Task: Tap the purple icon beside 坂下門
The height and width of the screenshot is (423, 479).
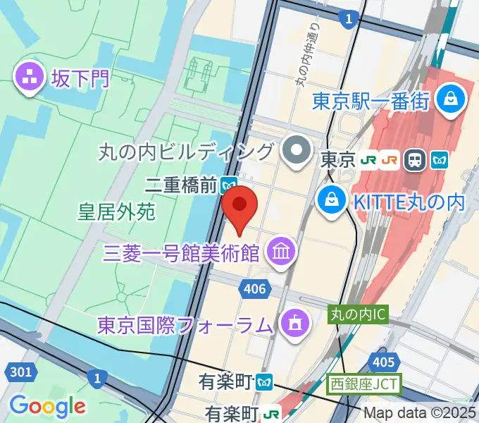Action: pyautogui.click(x=30, y=78)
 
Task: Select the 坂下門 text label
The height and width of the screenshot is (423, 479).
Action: pyautogui.click(x=80, y=78)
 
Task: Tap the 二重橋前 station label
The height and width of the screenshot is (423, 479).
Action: pyautogui.click(x=180, y=185)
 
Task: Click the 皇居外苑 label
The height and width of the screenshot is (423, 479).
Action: pyautogui.click(x=116, y=211)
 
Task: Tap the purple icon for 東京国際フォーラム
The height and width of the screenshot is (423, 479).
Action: pyautogui.click(x=291, y=325)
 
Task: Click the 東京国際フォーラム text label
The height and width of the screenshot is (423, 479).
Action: pyautogui.click(x=185, y=326)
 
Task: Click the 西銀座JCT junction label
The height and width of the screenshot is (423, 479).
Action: pyautogui.click(x=363, y=386)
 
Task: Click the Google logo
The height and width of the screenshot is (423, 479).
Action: pyautogui.click(x=48, y=406)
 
